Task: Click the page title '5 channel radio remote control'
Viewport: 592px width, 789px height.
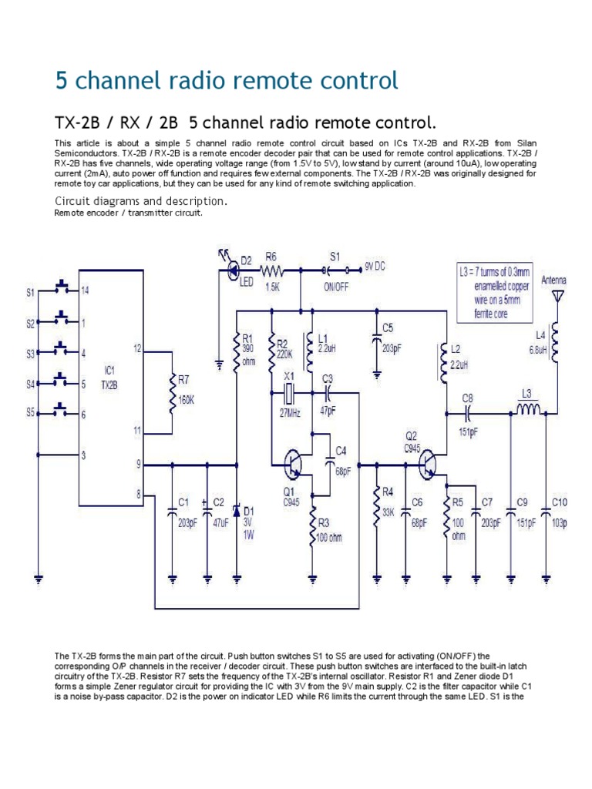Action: [227, 80]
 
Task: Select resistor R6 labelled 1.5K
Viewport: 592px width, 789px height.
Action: [272, 271]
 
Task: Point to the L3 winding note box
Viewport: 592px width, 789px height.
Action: [494, 292]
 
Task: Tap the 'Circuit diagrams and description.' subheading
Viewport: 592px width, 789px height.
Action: [140, 201]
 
